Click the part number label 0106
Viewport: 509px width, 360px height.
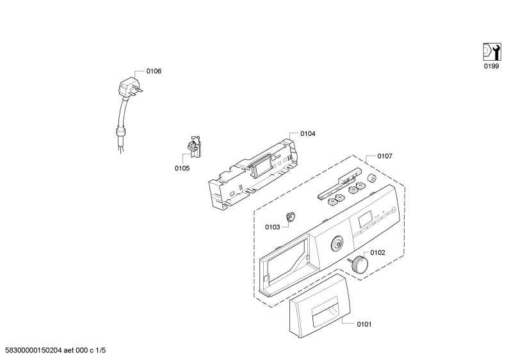coord(154,71)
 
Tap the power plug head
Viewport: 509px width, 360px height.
coord(129,87)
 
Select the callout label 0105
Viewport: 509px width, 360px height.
coord(182,168)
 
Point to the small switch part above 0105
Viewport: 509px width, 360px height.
coord(194,147)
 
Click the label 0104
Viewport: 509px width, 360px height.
coord(308,133)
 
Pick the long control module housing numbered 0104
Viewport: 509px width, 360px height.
coord(253,173)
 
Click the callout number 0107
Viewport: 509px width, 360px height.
coord(385,156)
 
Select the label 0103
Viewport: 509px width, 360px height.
coord(272,227)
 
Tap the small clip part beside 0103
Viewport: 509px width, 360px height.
coord(290,217)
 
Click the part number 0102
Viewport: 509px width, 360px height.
coord(378,253)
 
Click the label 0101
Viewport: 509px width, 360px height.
coord(364,324)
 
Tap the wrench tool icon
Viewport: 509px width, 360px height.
coord(492,52)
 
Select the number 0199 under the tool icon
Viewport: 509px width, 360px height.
coord(492,66)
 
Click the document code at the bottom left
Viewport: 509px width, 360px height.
coord(53,350)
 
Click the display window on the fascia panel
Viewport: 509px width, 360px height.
coord(366,219)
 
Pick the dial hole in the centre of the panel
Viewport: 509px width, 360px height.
coord(337,243)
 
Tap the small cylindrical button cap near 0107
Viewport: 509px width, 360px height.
coord(371,178)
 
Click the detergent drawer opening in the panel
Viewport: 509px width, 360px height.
coord(287,261)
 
